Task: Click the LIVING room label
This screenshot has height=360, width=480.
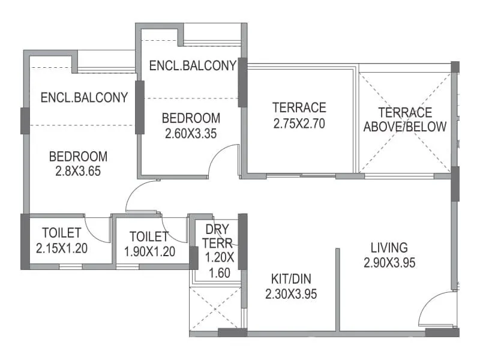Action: point(389,247)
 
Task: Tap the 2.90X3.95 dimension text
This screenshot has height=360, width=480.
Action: point(389,262)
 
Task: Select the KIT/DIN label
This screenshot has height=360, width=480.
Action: point(291,279)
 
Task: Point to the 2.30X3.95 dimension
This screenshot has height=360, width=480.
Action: point(291,294)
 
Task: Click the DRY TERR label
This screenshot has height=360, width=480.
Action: point(215,236)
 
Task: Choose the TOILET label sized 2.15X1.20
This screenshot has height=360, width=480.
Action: point(62,233)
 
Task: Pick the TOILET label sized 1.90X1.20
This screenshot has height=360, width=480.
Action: point(149,236)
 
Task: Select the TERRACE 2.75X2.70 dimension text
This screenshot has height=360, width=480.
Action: point(299,124)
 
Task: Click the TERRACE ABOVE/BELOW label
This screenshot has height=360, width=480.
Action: point(405,119)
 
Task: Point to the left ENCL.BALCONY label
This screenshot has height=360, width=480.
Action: point(84,97)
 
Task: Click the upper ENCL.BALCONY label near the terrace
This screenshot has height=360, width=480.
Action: point(193,65)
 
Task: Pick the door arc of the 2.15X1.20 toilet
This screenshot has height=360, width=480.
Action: point(98,229)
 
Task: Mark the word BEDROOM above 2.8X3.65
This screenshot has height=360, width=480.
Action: point(78,157)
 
